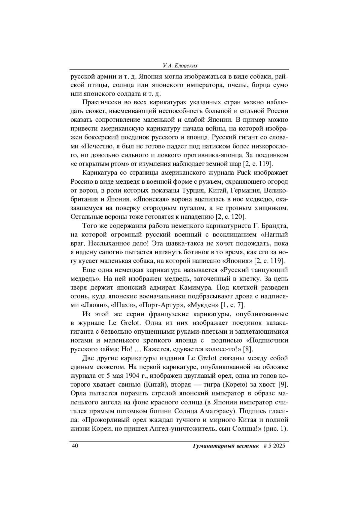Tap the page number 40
point(75,446)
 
